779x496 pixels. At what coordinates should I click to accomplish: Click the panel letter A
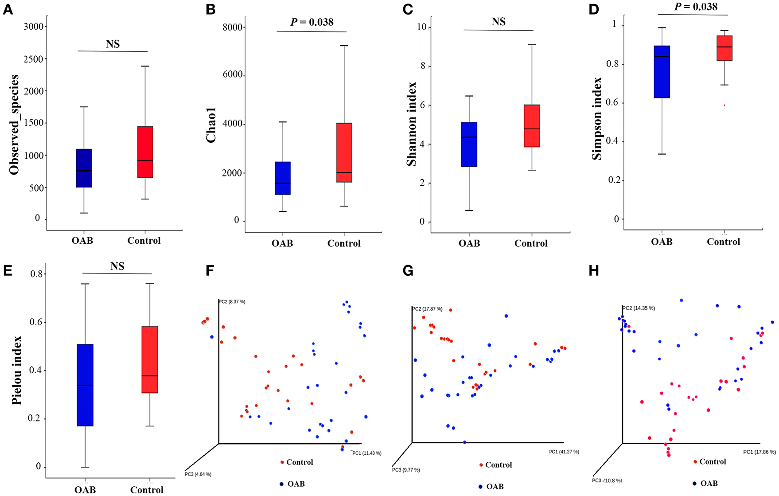(8, 10)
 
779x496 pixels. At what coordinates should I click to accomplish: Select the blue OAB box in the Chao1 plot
(283, 178)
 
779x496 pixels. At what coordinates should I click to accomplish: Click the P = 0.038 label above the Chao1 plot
(312, 22)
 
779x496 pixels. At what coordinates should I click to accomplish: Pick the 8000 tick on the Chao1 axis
(232, 27)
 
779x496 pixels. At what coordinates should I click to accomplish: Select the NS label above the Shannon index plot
(499, 22)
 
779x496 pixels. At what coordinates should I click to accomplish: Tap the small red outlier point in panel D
(724, 105)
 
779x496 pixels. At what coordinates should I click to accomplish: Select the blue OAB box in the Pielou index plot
(85, 385)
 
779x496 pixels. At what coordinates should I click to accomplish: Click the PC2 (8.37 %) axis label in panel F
(232, 302)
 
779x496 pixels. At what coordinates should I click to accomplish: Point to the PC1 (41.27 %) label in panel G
(564, 452)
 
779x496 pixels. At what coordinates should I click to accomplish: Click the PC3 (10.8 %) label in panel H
(607, 480)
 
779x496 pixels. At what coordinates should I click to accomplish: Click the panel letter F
(210, 271)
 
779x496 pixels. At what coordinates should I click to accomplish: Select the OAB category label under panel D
(662, 242)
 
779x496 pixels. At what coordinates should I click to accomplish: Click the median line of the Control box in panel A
(145, 160)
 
